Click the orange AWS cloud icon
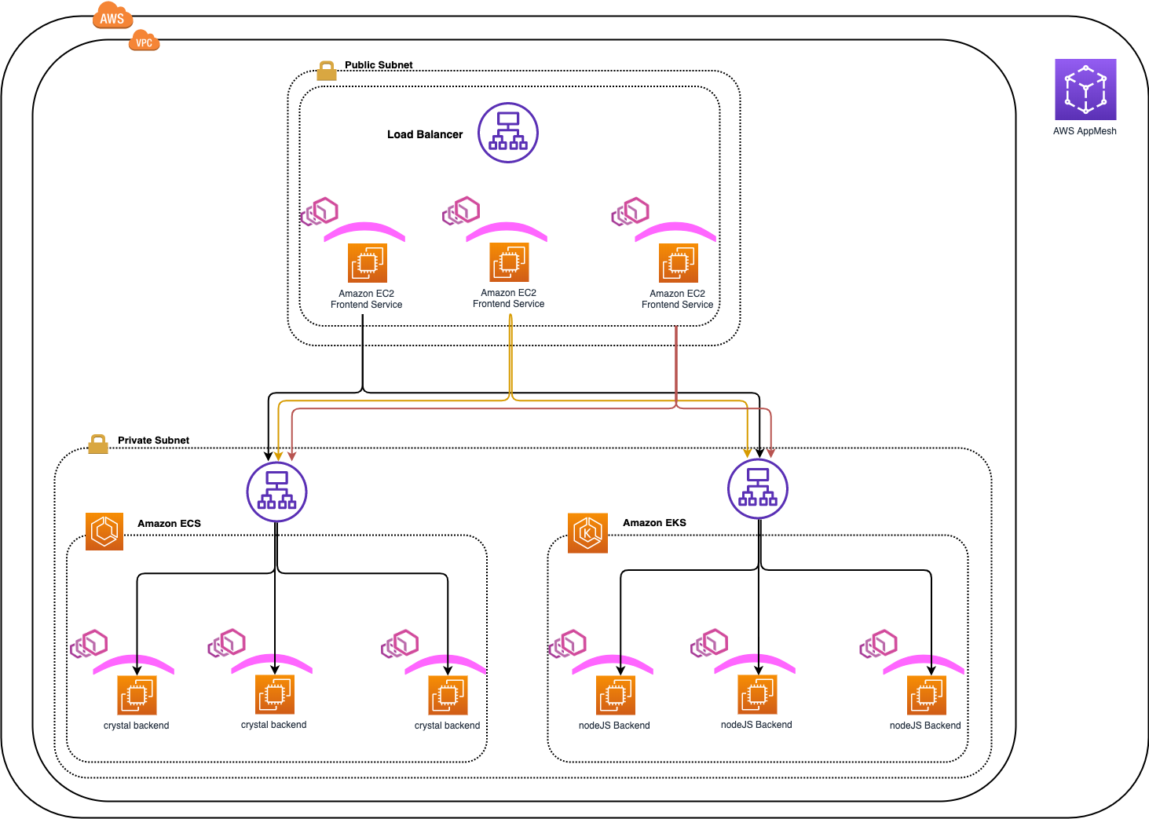point(112,16)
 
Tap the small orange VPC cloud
point(144,41)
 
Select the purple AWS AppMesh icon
point(1085,90)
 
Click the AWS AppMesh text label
point(1085,131)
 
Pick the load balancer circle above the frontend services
point(508,133)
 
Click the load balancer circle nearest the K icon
point(757,488)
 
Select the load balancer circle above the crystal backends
point(276,492)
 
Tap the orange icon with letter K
point(587,533)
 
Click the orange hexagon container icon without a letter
point(104,532)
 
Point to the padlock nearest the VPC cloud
point(327,71)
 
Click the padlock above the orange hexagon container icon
point(98,444)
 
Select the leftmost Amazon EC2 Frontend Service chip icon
point(368,263)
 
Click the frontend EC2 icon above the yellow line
point(509,262)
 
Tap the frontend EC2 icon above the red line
point(679,263)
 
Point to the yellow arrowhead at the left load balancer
point(278,456)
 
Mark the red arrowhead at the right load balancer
point(771,453)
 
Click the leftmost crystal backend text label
point(136,726)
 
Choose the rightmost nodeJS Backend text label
point(924,726)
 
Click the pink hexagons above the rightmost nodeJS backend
point(879,644)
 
